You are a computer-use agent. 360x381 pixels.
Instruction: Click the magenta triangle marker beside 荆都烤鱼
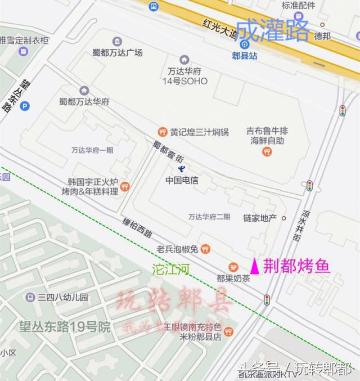coord(255,266)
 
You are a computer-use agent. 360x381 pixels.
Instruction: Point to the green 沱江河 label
coord(171,270)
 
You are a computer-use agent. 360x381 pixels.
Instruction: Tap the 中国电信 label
coord(182,181)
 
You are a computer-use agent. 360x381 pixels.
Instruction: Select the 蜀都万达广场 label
coord(117,53)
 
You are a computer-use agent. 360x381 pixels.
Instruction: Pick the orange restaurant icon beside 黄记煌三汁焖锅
coord(162,132)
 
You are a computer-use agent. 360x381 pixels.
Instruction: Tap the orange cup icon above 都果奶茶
coord(233,267)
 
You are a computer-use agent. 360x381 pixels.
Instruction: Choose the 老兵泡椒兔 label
coord(177,249)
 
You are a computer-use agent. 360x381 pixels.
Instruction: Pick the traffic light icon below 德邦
coord(342,111)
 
